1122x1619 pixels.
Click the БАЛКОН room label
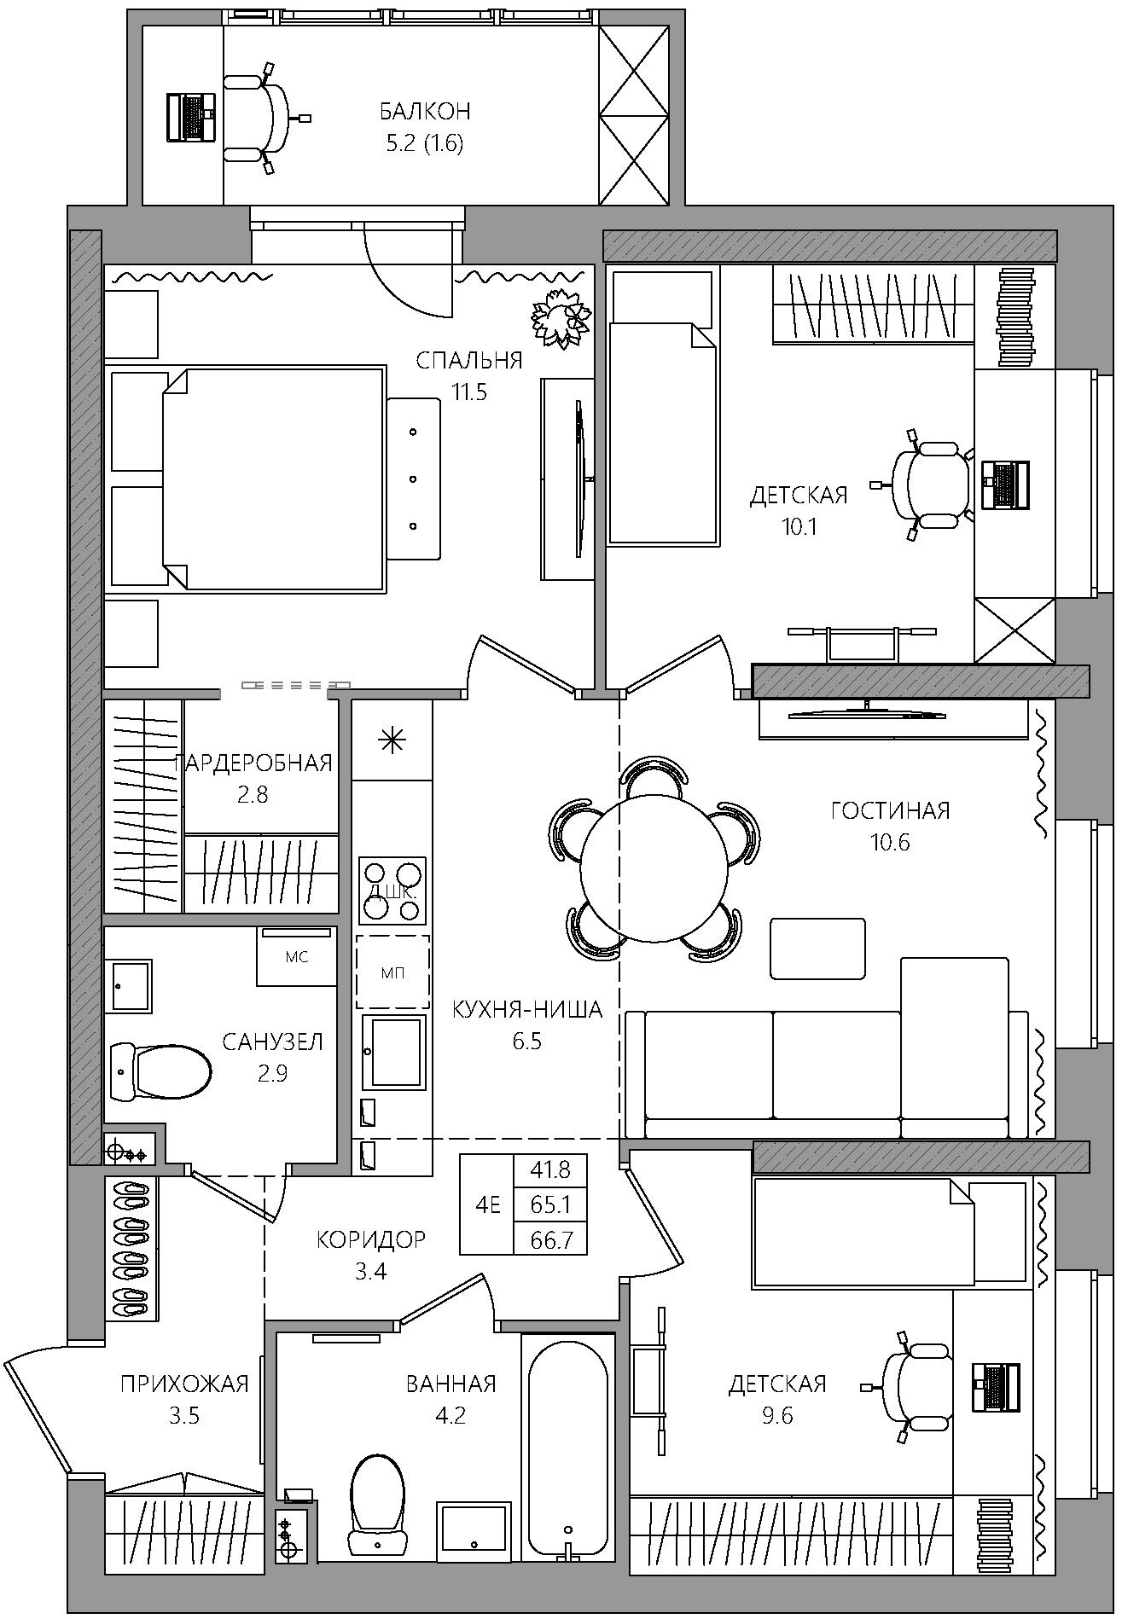click(425, 112)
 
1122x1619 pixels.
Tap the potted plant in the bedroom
click(561, 318)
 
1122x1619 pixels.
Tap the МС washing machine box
click(297, 956)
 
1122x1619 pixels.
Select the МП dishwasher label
click(392, 972)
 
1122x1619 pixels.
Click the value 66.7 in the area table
click(550, 1240)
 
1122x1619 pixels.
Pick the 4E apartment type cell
click(487, 1204)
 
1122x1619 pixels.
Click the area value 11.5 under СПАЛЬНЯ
click(469, 393)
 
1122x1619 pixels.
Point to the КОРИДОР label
click(370, 1239)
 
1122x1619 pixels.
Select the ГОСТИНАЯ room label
click(890, 809)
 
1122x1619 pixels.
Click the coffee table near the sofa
click(817, 948)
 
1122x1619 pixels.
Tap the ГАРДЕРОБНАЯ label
click(253, 763)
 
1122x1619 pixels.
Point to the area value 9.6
click(777, 1416)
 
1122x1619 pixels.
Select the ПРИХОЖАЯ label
click(184, 1384)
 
